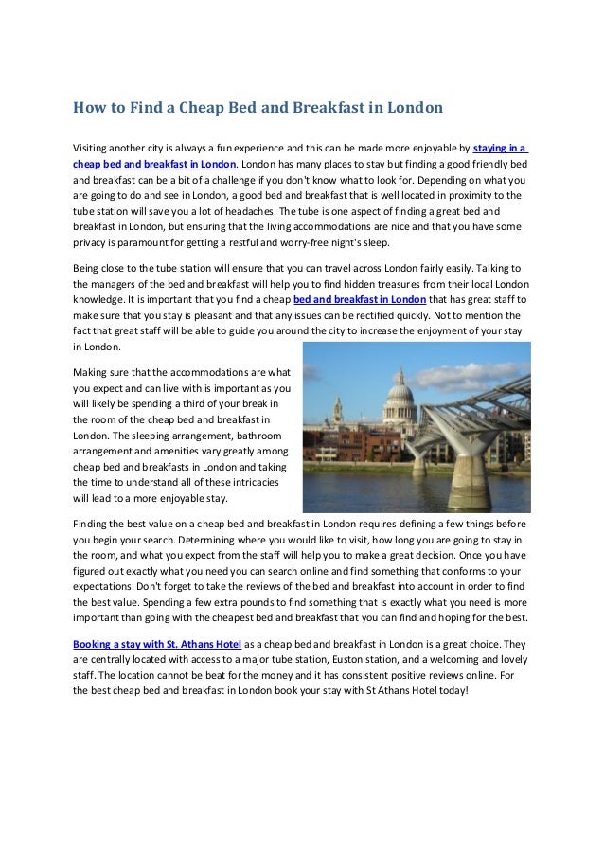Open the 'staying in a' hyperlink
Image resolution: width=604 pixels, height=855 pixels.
tap(500, 148)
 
